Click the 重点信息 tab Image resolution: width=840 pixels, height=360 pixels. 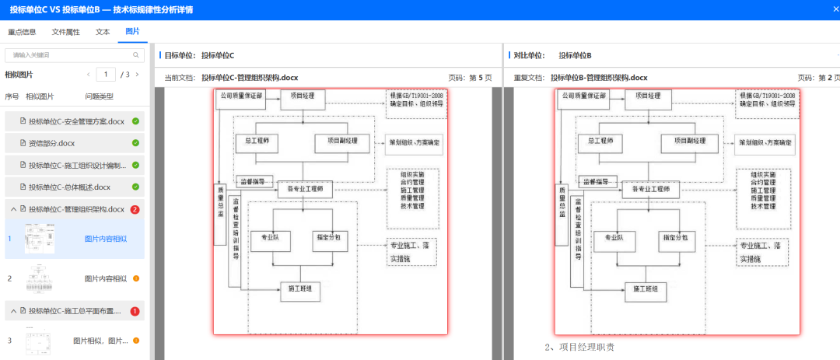click(22, 32)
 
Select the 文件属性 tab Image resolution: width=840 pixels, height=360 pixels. click(66, 32)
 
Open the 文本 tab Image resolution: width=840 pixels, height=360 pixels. click(103, 32)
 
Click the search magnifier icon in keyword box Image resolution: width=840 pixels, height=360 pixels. click(136, 55)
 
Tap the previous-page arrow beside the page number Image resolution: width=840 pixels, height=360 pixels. click(89, 75)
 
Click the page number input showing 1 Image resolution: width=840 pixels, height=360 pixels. click(106, 75)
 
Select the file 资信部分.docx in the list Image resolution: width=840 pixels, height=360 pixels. click(51, 143)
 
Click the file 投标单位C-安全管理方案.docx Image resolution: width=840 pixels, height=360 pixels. click(76, 121)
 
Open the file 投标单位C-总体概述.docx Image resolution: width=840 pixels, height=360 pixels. click(69, 187)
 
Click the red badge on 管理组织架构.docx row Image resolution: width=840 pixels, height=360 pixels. click(135, 209)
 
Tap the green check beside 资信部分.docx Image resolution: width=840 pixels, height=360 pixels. click(135, 143)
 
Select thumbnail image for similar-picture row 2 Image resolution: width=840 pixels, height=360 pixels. click(39, 278)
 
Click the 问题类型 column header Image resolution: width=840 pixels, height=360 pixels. click(99, 96)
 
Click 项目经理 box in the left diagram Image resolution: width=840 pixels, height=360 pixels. click(296, 96)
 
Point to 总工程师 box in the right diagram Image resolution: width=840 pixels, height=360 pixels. click(601, 142)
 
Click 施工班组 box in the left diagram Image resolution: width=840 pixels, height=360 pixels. click(300, 289)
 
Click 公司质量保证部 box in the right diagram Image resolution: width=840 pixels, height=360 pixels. click(582, 96)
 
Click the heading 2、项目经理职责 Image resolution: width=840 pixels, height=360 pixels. click(579, 347)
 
